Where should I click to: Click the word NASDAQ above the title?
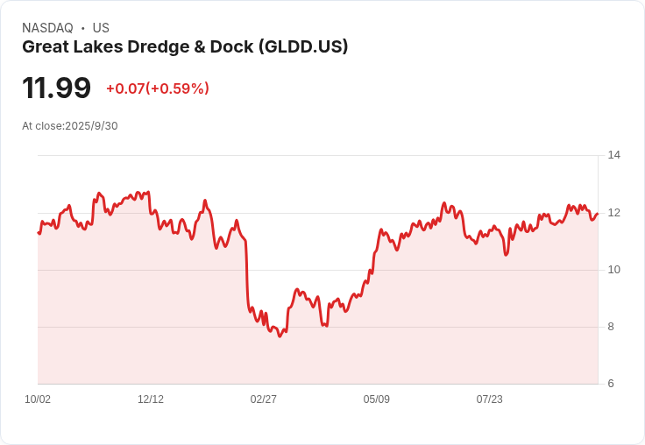tap(47, 28)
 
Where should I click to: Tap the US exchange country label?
tap(101, 28)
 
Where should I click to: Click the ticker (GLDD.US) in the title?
tap(303, 47)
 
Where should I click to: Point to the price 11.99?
tap(56, 88)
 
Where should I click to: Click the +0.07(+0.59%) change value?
tap(158, 88)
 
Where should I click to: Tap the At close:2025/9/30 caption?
tap(70, 126)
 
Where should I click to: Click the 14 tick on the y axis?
tap(614, 155)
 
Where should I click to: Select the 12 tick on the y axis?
tap(614, 213)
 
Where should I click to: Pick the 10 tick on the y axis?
tap(614, 270)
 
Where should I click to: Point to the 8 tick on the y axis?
tap(611, 327)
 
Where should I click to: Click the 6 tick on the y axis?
tap(611, 384)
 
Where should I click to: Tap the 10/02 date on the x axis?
tap(38, 399)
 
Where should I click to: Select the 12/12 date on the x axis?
tap(151, 399)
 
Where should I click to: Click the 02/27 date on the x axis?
tap(263, 399)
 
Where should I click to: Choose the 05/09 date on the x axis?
tap(376, 399)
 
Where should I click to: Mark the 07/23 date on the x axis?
tap(490, 399)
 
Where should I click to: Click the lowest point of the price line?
tap(280, 336)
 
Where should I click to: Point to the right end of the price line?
tap(598, 214)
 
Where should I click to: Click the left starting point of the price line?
tap(39, 232)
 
